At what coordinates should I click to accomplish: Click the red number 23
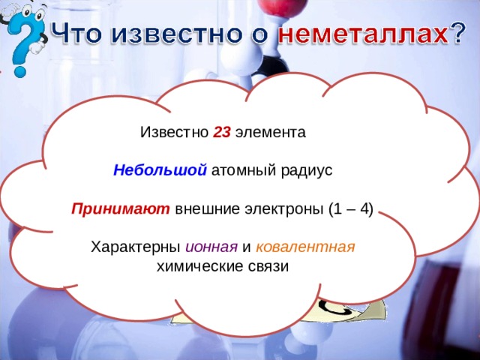(x=221, y=133)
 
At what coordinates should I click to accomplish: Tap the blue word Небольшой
(x=160, y=170)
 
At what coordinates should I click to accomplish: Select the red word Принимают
(x=121, y=208)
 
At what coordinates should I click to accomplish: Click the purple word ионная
(x=212, y=247)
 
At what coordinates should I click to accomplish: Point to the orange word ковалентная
(x=304, y=247)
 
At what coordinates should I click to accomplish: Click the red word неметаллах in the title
(x=363, y=34)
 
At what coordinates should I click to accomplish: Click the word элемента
(x=270, y=133)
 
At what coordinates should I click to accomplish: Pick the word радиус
(x=305, y=170)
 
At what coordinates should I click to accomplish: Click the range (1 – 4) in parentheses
(x=351, y=208)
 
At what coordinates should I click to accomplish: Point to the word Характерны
(x=135, y=247)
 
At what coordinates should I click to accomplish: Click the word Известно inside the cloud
(x=174, y=133)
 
